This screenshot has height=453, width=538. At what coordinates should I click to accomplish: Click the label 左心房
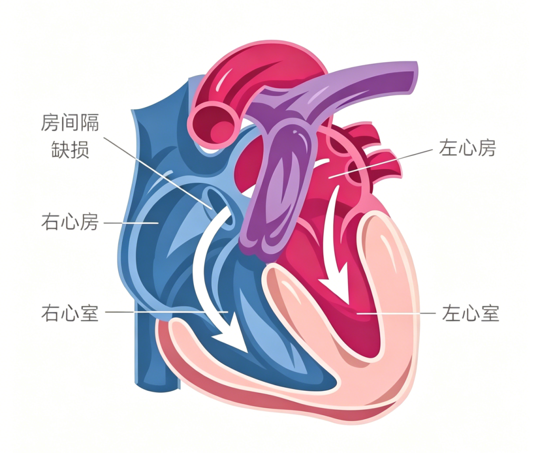click(467, 148)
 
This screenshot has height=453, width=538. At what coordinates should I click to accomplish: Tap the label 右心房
click(70, 222)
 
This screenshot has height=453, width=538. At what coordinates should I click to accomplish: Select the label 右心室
click(70, 313)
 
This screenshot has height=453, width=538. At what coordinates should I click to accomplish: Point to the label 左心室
click(470, 313)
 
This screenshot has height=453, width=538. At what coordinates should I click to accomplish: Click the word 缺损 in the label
click(70, 149)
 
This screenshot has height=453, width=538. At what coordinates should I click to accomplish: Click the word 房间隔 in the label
click(70, 123)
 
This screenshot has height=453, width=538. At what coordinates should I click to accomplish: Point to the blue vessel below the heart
click(156, 346)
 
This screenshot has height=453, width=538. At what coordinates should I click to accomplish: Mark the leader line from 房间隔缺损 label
click(158, 173)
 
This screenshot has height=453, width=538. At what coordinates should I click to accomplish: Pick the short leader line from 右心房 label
click(131, 223)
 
